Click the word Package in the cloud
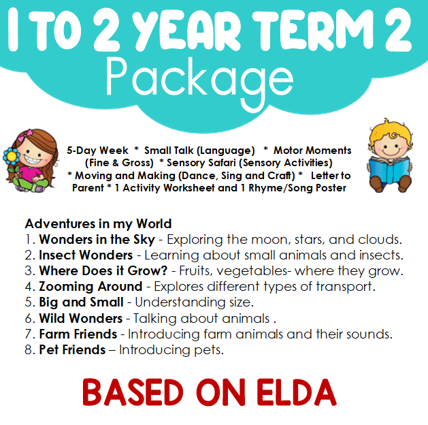199,82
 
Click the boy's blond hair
390,133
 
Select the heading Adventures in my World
98,224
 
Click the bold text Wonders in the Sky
97,240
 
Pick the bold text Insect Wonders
86,255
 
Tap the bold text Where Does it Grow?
103,270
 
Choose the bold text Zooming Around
90,287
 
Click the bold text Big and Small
82,302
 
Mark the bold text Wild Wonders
81,318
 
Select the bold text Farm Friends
78,334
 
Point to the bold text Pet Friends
72,350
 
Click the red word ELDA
297,392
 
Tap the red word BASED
133,392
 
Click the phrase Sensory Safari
201,163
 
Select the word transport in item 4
345,287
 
